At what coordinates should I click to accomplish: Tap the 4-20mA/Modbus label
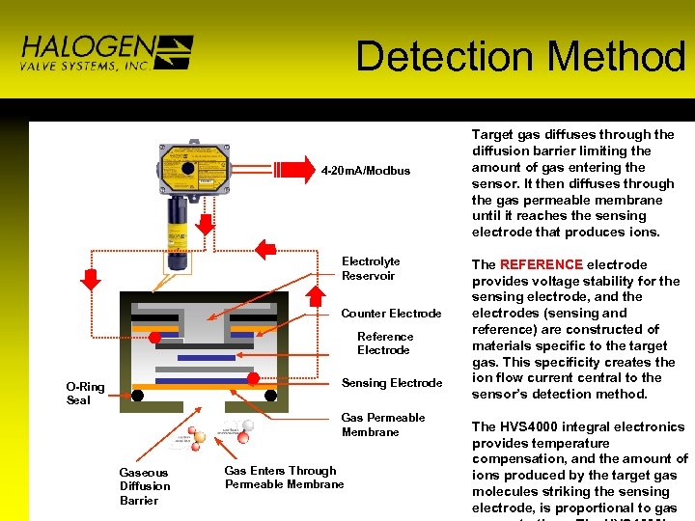tap(366, 171)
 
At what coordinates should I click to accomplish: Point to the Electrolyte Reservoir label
tap(370, 268)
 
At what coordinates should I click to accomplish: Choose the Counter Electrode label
tap(391, 314)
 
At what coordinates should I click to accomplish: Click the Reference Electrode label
tap(384, 343)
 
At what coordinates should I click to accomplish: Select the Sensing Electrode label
tap(392, 383)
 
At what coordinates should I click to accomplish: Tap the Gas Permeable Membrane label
tap(382, 425)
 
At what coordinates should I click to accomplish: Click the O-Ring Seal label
tap(85, 394)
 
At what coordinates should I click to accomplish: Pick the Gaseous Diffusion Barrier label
tap(145, 486)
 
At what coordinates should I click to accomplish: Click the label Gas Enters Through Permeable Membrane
tap(284, 478)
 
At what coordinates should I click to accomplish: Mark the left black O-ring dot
tap(138, 395)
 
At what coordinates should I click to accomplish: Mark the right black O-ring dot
tap(271, 395)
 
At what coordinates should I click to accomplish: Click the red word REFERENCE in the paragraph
tap(541, 264)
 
